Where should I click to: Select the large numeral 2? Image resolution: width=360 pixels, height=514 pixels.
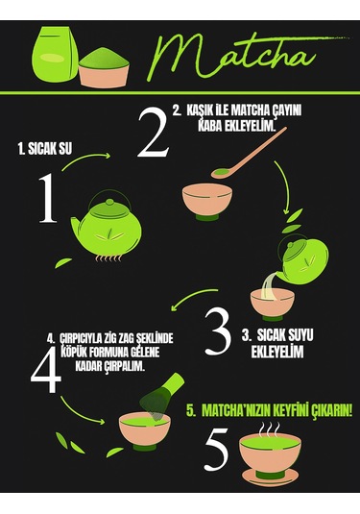pyautogui.click(x=153, y=135)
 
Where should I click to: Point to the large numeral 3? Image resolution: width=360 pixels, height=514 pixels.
pyautogui.click(x=219, y=332)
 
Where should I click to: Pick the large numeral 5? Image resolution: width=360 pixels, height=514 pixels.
pyautogui.click(x=216, y=450)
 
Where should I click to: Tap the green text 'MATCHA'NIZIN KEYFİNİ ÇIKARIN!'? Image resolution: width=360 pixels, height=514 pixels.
pyautogui.click(x=270, y=409)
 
